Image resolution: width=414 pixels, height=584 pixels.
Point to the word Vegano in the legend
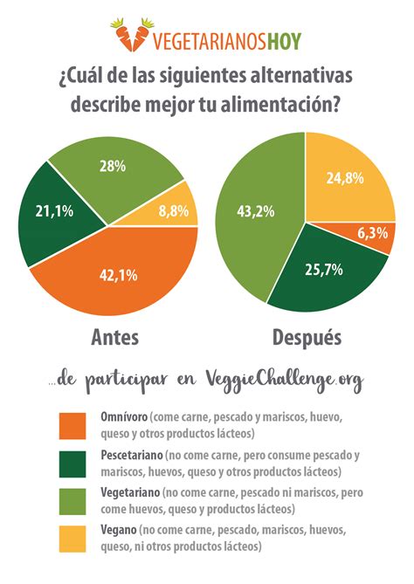coord(116,531)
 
